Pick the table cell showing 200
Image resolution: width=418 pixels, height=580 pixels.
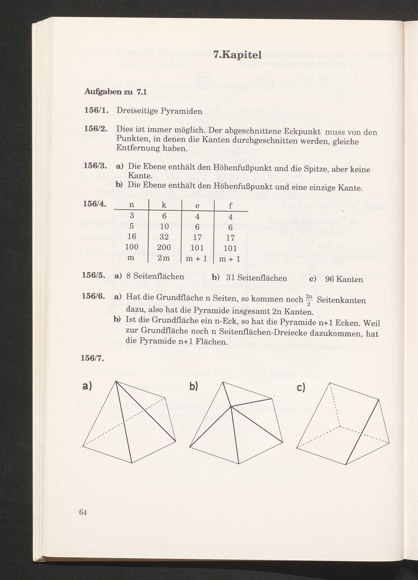[164, 247]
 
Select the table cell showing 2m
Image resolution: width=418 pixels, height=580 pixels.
[164, 258]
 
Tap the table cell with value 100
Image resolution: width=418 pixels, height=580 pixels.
[132, 247]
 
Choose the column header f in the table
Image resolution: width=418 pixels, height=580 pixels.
[230, 206]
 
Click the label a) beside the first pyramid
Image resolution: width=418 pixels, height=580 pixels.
[87, 386]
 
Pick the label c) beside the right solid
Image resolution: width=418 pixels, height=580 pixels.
[301, 388]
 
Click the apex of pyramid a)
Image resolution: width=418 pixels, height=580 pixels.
[116, 381]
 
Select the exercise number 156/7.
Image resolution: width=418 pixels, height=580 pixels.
[92, 358]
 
